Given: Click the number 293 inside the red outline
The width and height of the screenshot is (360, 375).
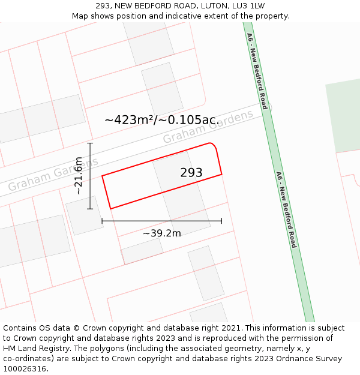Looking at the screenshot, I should (x=191, y=173).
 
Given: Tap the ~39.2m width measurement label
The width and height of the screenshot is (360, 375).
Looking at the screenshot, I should (x=162, y=233).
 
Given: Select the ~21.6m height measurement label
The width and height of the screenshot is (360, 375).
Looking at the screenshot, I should (x=78, y=176).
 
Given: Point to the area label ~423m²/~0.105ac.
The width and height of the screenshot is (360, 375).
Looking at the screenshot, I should (x=162, y=120).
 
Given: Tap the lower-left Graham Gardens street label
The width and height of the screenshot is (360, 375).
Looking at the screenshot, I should (x=53, y=171).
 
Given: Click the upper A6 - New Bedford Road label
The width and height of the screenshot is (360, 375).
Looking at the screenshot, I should (x=256, y=71).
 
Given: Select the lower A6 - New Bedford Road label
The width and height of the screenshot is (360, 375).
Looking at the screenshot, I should (x=286, y=209).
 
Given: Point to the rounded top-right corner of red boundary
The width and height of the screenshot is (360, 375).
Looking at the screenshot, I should (x=212, y=145).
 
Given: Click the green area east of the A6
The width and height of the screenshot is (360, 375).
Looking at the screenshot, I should (x=344, y=117).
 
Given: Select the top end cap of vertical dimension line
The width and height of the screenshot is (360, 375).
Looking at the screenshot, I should (x=90, y=143).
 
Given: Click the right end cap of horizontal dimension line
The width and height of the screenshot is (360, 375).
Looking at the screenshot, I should (x=221, y=221).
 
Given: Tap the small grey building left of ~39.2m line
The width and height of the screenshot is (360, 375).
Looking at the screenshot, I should (x=84, y=215).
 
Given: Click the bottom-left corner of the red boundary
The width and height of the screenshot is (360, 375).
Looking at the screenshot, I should (x=110, y=209).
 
